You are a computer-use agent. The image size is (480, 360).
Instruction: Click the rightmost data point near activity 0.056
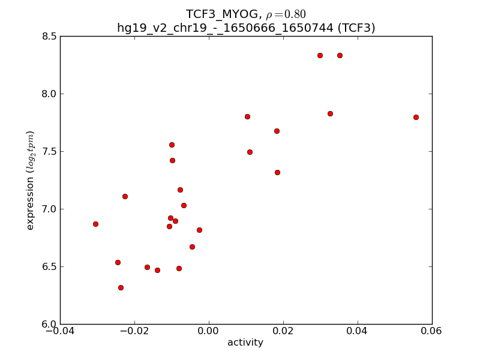point(416,117)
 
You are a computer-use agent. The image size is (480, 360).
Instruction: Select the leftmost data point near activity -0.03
point(95,224)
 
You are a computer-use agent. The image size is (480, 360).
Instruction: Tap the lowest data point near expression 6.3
point(121,287)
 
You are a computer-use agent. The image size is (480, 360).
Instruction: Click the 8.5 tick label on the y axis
point(50,36)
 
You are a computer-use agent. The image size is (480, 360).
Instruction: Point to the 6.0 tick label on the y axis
point(50,324)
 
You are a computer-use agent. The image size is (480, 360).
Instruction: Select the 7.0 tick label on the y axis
point(50,209)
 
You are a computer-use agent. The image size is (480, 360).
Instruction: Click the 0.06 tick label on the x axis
point(432,331)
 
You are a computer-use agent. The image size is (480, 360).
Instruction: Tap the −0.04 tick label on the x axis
point(60,331)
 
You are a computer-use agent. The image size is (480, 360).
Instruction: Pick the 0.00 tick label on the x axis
point(209,331)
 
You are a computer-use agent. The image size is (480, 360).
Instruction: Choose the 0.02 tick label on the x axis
point(283,331)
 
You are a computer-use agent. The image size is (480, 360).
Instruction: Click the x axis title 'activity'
point(245,343)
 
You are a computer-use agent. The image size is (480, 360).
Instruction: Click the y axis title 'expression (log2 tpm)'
point(30,180)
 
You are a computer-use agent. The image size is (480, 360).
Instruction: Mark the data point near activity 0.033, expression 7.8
point(330,113)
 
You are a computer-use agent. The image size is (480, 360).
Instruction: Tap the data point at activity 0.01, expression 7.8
point(247,116)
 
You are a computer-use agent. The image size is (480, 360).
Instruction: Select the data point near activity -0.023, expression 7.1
point(125,196)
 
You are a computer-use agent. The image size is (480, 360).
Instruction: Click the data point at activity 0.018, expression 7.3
point(277,172)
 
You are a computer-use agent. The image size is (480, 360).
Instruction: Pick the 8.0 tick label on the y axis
point(50,94)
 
